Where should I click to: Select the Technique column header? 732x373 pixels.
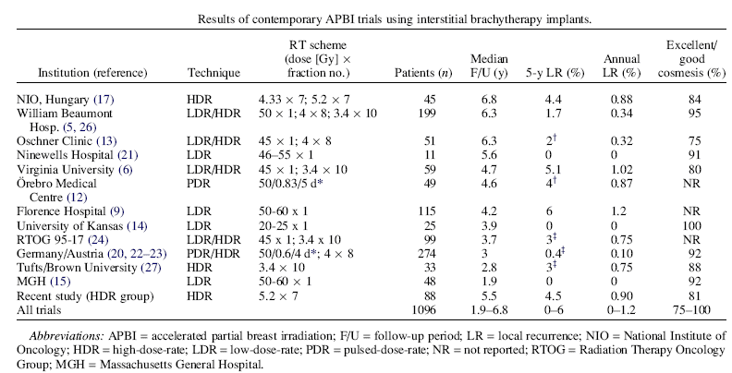pyautogui.click(x=213, y=72)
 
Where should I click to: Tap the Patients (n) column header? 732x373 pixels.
pyautogui.click(x=423, y=72)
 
